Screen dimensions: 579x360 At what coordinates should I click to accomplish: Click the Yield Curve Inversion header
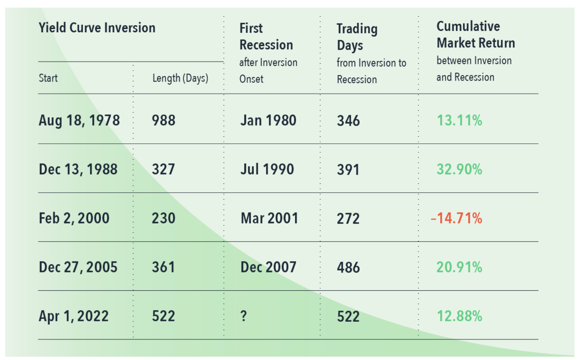[97, 28]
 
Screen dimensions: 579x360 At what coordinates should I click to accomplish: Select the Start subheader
[48, 78]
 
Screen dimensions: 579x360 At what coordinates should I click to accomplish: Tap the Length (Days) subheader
[180, 78]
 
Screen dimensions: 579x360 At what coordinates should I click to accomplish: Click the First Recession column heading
[266, 37]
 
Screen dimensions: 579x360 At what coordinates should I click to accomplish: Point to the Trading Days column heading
[357, 37]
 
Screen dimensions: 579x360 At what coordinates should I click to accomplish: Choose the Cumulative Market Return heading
[476, 35]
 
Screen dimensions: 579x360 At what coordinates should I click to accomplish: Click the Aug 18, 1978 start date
[79, 121]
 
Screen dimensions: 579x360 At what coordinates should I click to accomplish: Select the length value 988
[163, 120]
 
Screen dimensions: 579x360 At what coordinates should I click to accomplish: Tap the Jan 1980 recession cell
[268, 121]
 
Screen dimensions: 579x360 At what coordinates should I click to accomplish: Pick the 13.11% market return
[459, 121]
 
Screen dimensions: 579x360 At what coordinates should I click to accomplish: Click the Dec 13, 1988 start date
[78, 169]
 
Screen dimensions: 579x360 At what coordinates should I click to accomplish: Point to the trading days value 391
[348, 170]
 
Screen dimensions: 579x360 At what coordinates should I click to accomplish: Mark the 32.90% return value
[459, 169]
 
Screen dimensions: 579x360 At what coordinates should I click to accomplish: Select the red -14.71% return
[456, 218]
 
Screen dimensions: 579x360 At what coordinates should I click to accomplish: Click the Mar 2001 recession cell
[269, 218]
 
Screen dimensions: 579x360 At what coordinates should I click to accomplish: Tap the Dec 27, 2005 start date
[78, 267]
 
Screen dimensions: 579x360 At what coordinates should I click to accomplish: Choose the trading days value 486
[348, 267]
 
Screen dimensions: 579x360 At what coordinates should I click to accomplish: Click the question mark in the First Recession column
[243, 316]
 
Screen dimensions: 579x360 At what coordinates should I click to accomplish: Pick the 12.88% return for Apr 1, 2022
[459, 316]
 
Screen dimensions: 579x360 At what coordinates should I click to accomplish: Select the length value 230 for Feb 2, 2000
[163, 218]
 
